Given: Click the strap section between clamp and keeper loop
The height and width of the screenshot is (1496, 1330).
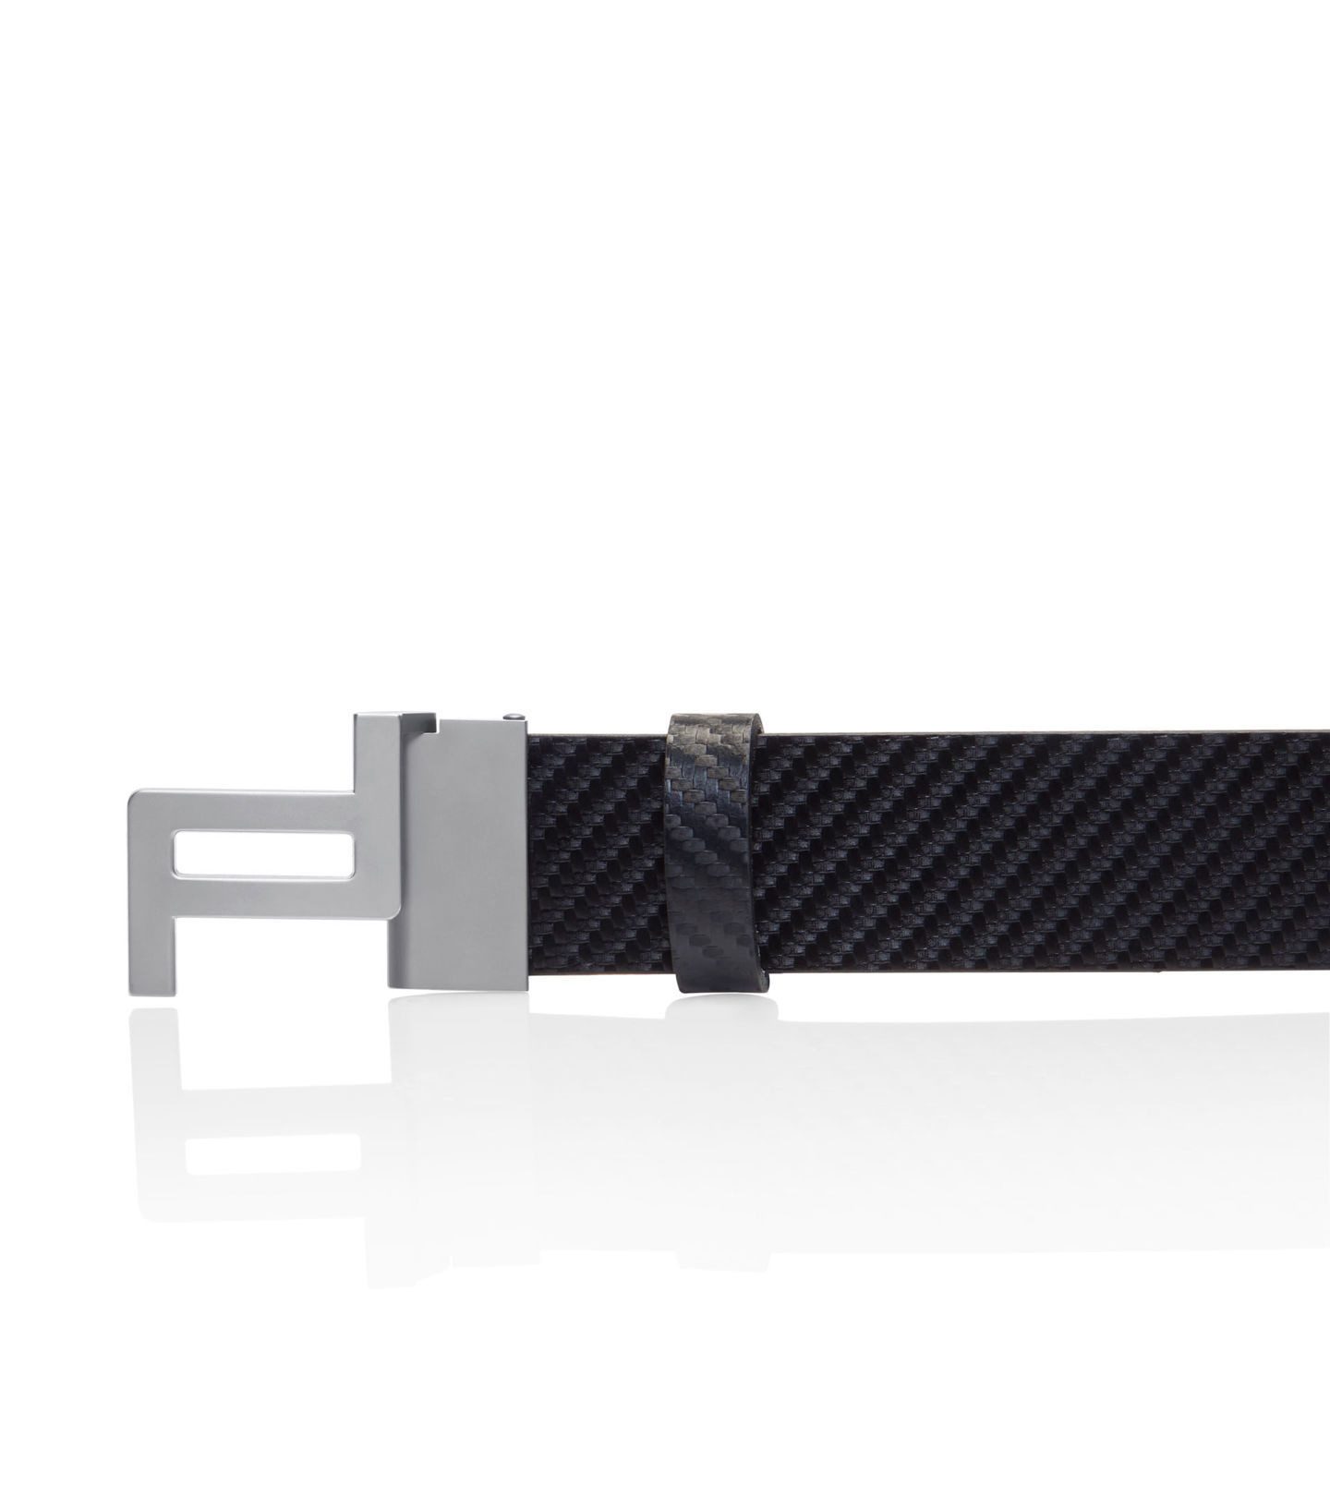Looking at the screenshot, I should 596,859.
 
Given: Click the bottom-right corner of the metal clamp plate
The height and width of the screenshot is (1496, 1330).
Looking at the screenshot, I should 525,994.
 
